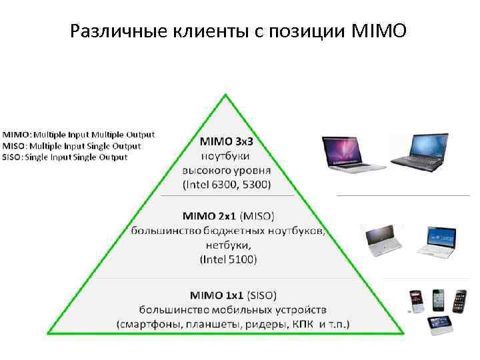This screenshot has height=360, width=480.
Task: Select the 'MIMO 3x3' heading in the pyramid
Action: coord(227,141)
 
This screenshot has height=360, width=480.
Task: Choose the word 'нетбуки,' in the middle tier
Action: coord(227,245)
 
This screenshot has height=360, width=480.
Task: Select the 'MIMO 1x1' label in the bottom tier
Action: coord(217,294)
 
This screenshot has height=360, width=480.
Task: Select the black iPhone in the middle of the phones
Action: coord(438,301)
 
